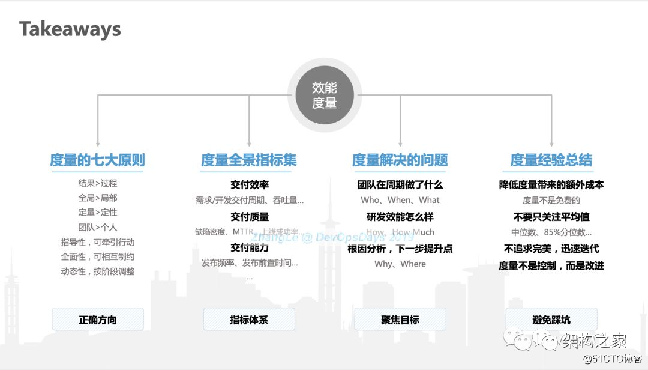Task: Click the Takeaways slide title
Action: click(70, 29)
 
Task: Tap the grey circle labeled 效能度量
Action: click(324, 96)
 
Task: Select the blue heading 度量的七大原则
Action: click(97, 160)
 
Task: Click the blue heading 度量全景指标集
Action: click(249, 160)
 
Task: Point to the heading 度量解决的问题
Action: click(400, 160)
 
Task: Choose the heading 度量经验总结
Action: click(551, 160)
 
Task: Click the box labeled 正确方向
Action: click(98, 320)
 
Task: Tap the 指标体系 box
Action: click(249, 320)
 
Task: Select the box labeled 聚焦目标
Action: click(400, 320)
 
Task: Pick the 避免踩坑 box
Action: click(551, 320)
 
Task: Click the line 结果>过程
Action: click(98, 183)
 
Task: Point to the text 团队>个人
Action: click(98, 227)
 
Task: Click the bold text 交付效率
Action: click(249, 184)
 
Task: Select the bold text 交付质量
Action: click(249, 216)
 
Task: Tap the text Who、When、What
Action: click(400, 200)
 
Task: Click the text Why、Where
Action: click(400, 264)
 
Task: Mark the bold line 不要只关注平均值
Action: click(551, 216)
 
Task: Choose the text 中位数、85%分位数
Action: click(551, 232)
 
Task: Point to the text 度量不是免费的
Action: click(551, 200)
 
